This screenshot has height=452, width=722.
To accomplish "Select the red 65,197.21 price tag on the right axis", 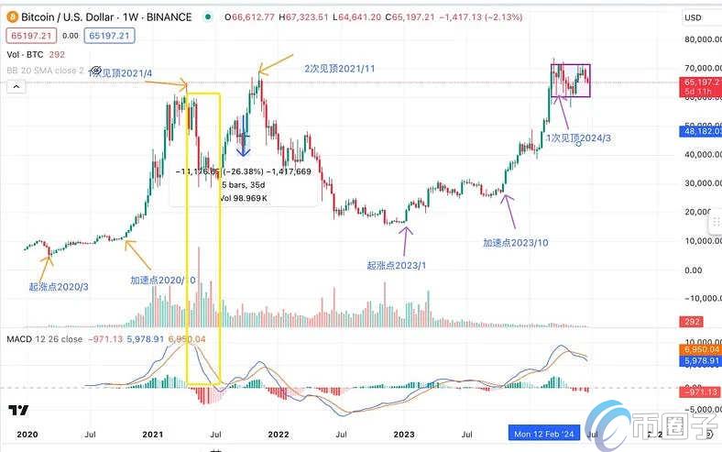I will [x=703, y=81].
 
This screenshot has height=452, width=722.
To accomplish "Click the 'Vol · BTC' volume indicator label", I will [x=26, y=55].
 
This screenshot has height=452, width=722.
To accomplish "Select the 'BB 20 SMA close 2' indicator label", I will [x=46, y=70].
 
